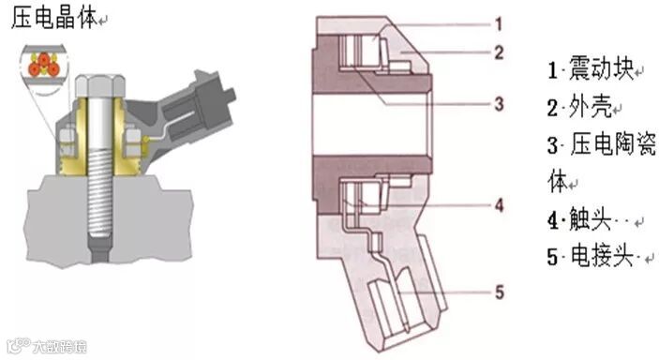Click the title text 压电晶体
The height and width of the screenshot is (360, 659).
pos(53,18)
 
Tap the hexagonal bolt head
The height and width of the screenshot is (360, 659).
pos(100,86)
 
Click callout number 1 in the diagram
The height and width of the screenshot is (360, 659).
pos(499,24)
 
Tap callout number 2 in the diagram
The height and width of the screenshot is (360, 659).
pos(499,52)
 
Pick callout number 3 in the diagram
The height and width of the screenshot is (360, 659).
pos(499,103)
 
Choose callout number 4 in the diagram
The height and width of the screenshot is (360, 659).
pos(499,205)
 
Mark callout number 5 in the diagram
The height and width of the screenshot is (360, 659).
pos(500,292)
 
